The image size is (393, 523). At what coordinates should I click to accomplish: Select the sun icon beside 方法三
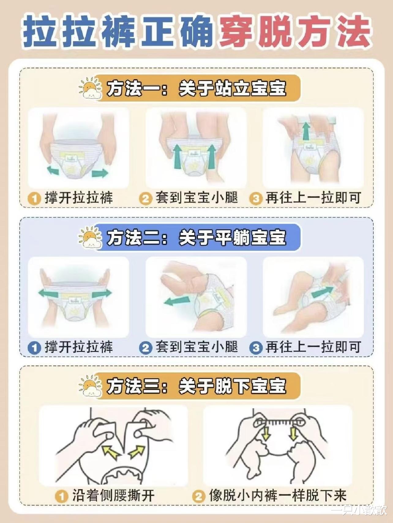[90, 386]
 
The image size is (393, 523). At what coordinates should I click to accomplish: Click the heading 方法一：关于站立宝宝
[196, 89]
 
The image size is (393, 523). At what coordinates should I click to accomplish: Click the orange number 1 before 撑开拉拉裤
[34, 199]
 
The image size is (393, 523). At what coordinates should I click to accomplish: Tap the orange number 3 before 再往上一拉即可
[256, 199]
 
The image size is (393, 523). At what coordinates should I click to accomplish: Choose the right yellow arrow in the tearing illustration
[137, 452]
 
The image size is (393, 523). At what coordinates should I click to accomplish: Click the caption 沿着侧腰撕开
[113, 496]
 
